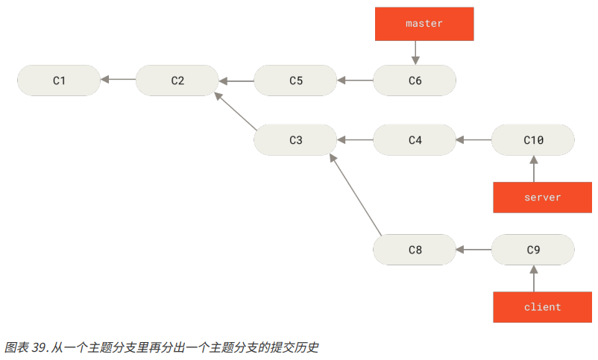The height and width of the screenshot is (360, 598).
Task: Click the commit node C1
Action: coord(59,80)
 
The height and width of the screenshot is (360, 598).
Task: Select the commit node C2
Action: coord(177,80)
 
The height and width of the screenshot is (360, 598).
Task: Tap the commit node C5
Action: coord(296,80)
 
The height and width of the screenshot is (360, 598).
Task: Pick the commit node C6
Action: coord(415,80)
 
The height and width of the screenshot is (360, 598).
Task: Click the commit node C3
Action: coord(296,139)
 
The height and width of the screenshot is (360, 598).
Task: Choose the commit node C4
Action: coord(415,139)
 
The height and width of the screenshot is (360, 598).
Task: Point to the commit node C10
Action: coord(533,139)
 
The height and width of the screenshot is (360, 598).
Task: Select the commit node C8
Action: coord(415,250)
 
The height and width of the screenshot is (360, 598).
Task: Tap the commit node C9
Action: coord(533,250)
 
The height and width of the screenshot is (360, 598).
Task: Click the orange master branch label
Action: coord(424,24)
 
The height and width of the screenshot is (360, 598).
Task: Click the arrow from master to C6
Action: coord(415,52)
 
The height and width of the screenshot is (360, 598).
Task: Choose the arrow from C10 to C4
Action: coord(473,139)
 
